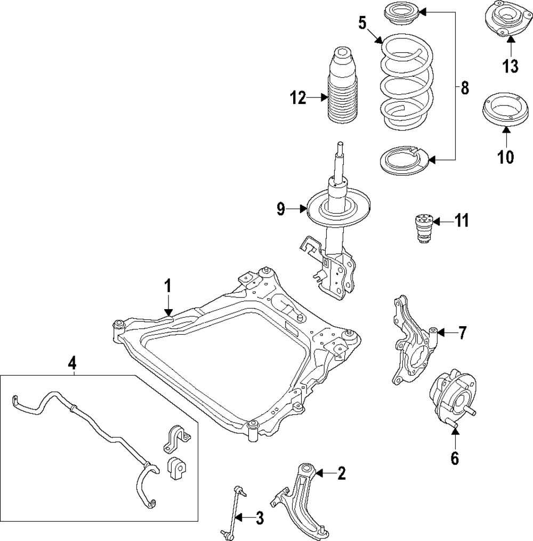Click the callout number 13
click(510, 67)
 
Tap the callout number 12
click(298, 98)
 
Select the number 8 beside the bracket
click(464, 88)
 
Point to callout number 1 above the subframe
click(167, 286)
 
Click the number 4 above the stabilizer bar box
click(72, 364)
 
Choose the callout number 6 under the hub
click(455, 457)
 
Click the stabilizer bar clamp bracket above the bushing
click(175, 439)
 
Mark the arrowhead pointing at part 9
click(305, 210)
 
